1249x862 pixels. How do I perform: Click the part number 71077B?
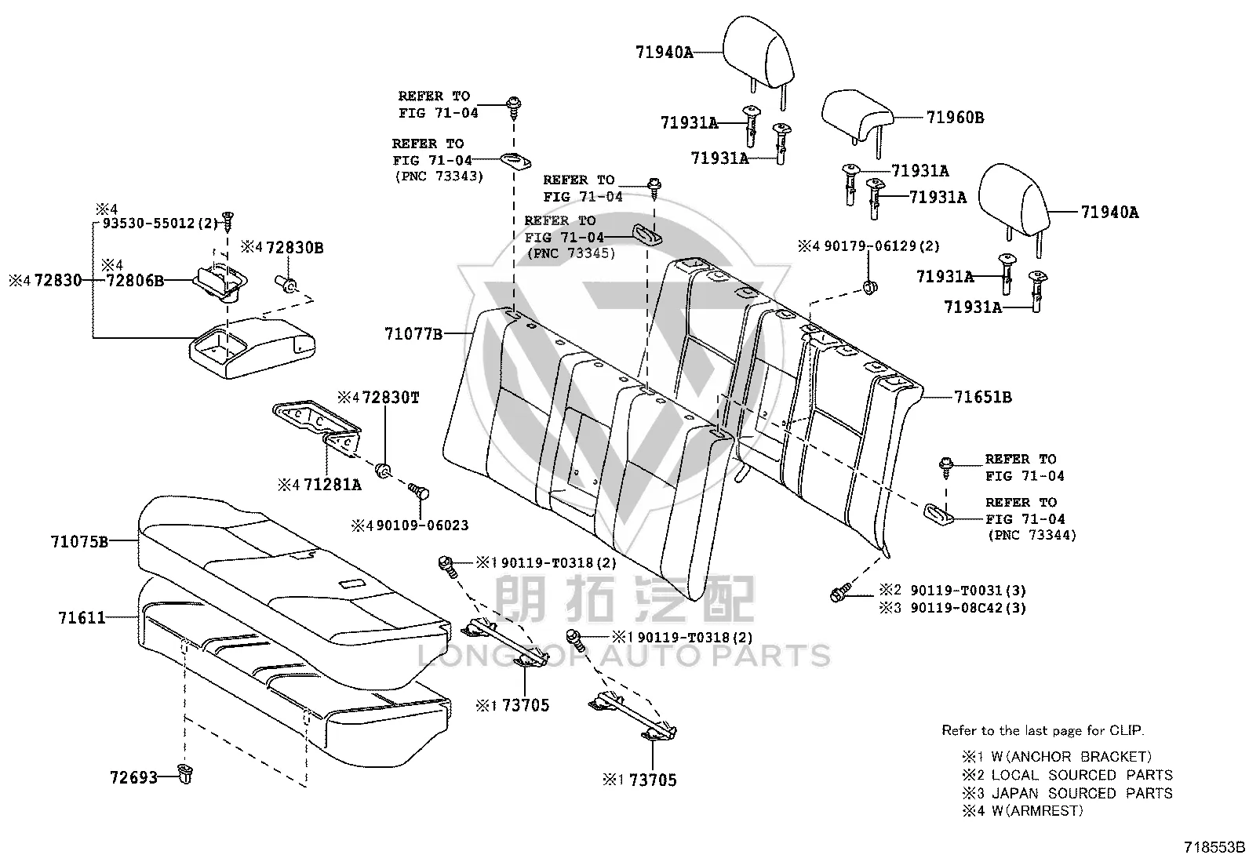(x=413, y=334)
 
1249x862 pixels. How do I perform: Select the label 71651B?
(x=982, y=397)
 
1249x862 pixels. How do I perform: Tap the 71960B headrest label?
(x=955, y=118)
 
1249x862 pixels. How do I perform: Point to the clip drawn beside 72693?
(x=186, y=774)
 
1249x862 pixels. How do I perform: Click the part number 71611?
(x=82, y=618)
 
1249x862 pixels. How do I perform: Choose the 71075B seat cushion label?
(x=79, y=541)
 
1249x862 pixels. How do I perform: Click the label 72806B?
(x=135, y=281)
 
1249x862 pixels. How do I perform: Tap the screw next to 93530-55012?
(x=228, y=221)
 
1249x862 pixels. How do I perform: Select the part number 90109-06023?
(x=422, y=526)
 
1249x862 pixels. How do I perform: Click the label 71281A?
(x=333, y=485)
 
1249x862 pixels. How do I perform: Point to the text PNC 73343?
(x=439, y=176)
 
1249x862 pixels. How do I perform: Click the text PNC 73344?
(x=1032, y=535)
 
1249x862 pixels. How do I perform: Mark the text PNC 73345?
(x=571, y=253)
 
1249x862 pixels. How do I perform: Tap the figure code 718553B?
(x=1214, y=848)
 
